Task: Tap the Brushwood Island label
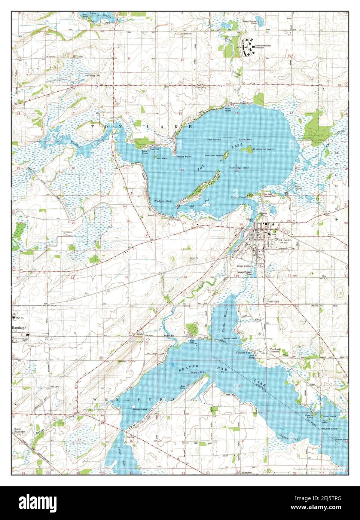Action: [x=263, y=149]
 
